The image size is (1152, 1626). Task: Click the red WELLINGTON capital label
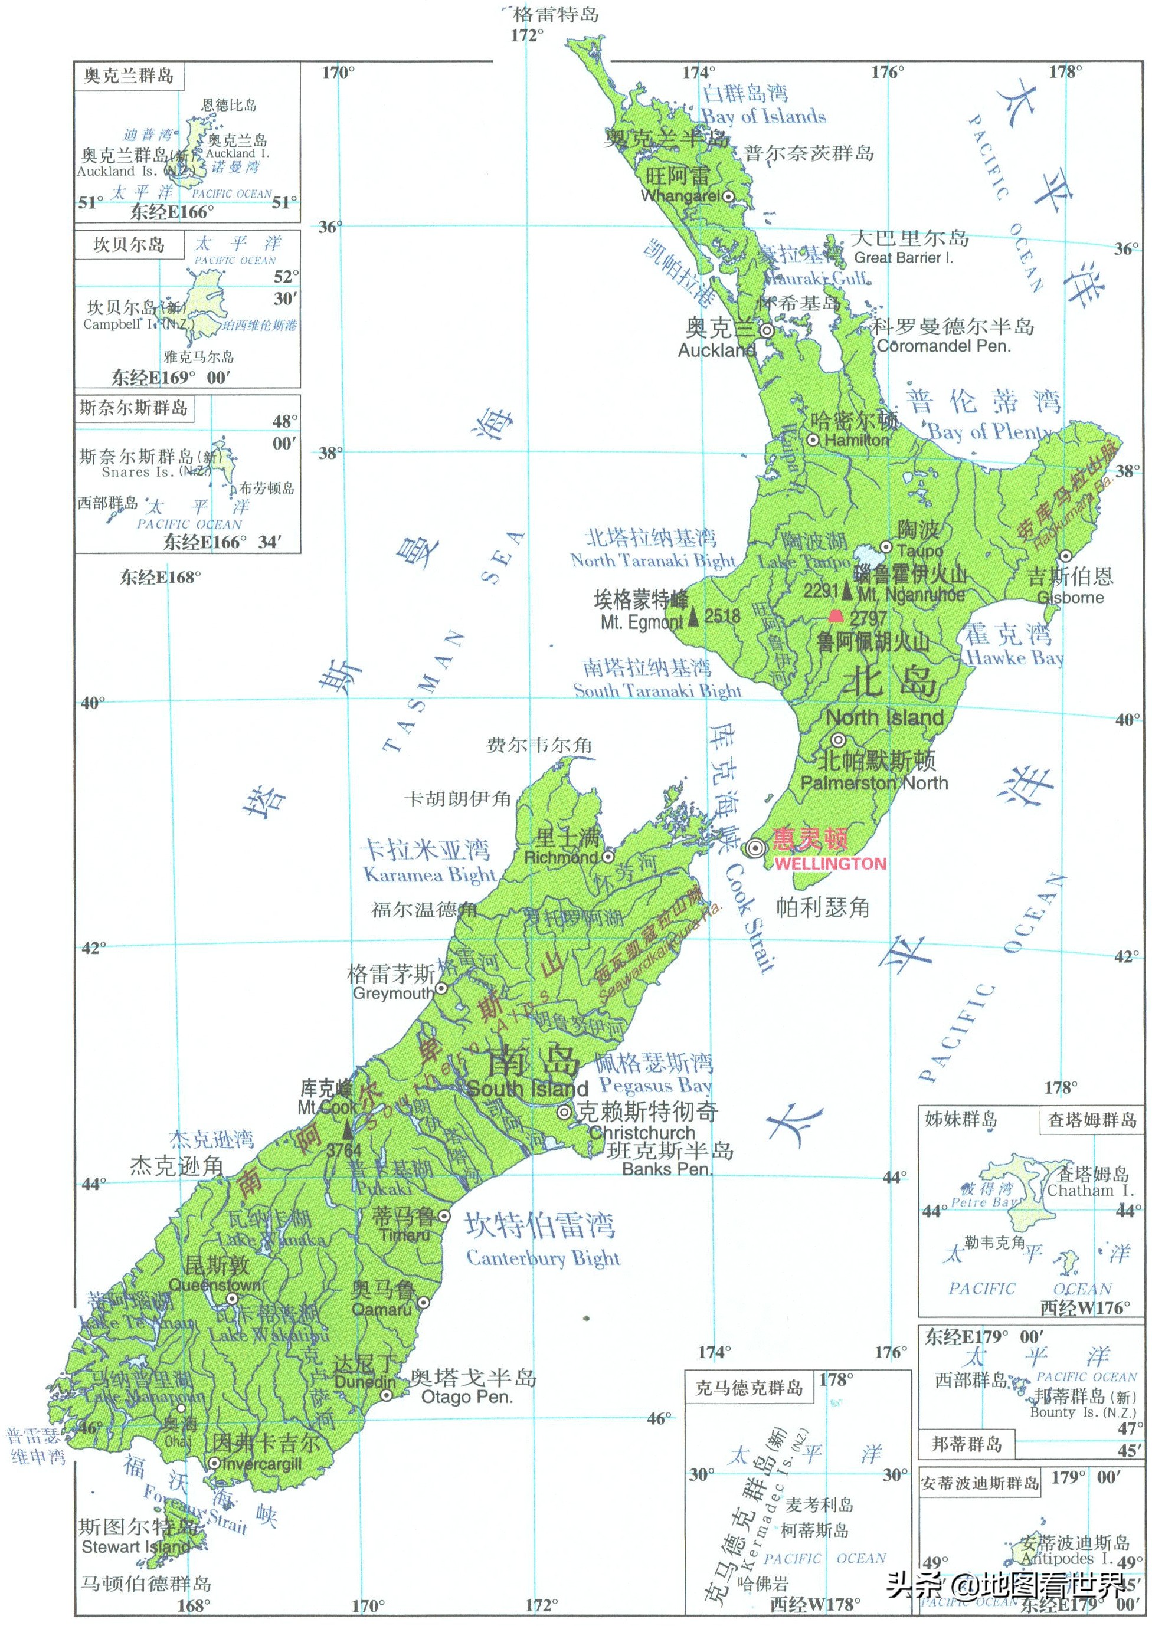pos(829,864)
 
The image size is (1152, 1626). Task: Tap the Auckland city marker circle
pos(767,330)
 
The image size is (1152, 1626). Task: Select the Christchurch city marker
pos(564,1113)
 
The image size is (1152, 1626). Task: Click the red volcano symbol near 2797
pos(836,616)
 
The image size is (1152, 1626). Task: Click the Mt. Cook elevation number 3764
pos(343,1150)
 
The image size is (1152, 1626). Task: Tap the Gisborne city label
pos(1071,597)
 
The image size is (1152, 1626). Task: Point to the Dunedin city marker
pos(387,1395)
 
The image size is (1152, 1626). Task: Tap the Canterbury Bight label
pos(543,1258)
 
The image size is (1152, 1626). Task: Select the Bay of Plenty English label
pos(988,431)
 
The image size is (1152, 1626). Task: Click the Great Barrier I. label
pos(903,258)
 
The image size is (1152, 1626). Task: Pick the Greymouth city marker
pos(440,988)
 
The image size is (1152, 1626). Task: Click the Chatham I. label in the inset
pos(1090,1191)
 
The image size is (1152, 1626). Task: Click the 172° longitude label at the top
pos(527,35)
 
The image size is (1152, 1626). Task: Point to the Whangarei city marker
pos(728,196)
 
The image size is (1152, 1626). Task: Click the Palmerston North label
pos(874,783)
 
